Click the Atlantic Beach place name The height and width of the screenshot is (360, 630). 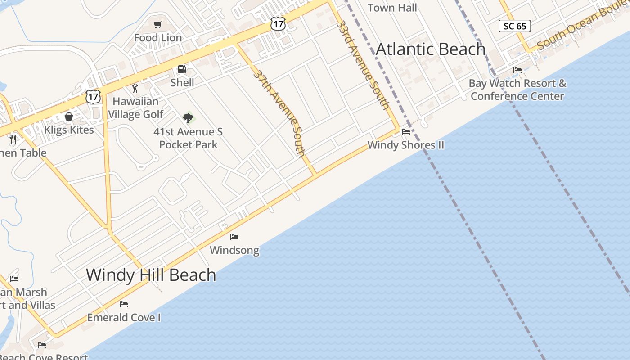pos(431,49)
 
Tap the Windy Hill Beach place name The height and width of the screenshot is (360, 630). pos(151,274)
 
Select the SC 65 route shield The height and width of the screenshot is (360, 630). pos(515,26)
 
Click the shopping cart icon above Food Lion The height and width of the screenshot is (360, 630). pos(157,25)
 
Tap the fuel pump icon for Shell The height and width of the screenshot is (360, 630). pos(182,69)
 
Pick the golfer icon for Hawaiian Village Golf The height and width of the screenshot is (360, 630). pos(135,88)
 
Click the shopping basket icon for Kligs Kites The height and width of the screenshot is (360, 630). pos(69,117)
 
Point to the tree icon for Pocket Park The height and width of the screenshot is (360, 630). pos(188,118)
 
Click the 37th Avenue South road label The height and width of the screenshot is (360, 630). pos(279,113)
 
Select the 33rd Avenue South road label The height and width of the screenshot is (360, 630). pos(363,64)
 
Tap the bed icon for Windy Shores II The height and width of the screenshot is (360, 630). pos(406,132)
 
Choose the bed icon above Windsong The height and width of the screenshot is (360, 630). pos(234,237)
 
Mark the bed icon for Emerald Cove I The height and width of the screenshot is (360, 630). pos(124,304)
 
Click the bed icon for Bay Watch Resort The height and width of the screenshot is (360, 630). pos(517,70)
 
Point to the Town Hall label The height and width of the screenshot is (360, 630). pos(392,8)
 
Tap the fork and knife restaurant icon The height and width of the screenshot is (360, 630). pos(13,139)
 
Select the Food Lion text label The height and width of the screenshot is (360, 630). pos(158,38)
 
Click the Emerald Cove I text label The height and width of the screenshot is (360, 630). pos(124,317)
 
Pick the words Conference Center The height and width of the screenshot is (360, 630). pos(517,96)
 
